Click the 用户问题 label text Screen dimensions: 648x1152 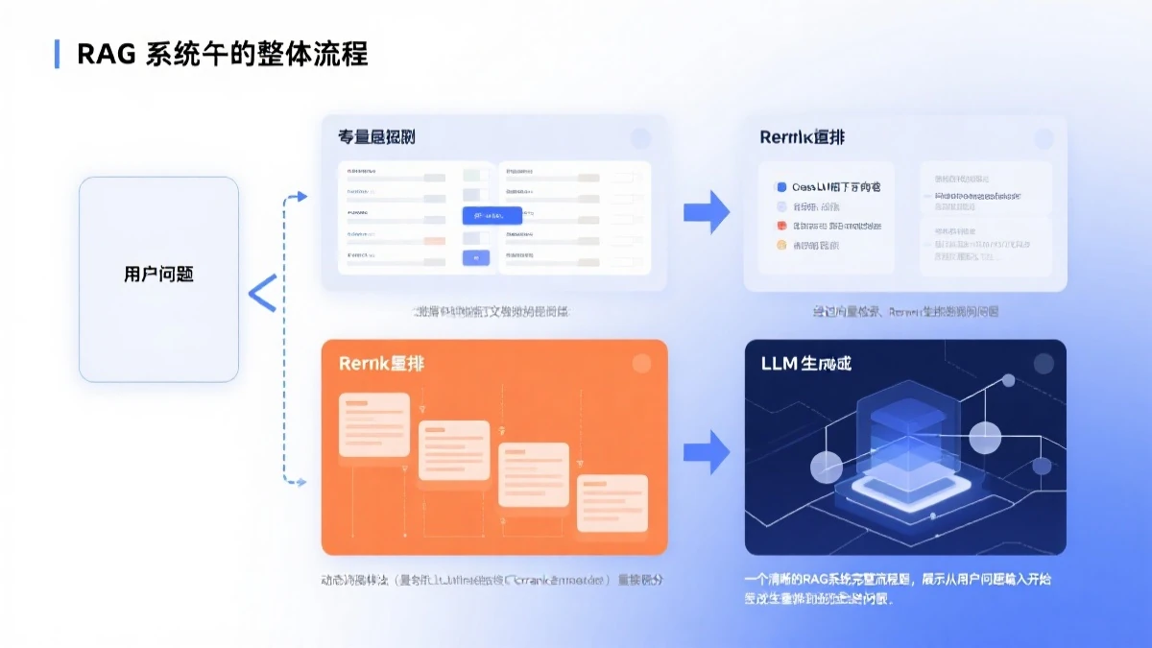tap(158, 274)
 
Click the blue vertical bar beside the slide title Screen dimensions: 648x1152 tap(57, 54)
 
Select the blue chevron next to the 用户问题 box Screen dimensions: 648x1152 tap(262, 293)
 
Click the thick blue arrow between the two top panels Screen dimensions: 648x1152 tap(707, 211)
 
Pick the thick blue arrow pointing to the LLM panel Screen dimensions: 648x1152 tap(707, 451)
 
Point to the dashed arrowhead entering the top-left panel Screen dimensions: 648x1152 tap(301, 197)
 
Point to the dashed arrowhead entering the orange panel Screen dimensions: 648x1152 tap(301, 481)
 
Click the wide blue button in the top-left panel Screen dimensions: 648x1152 tap(492, 215)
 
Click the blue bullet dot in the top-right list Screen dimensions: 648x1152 tap(781, 187)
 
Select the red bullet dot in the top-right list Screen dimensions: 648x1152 tap(781, 227)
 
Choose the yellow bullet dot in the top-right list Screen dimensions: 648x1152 tap(781, 246)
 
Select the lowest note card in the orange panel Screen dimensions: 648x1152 tap(611, 501)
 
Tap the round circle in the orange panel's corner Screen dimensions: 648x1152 tap(640, 364)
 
